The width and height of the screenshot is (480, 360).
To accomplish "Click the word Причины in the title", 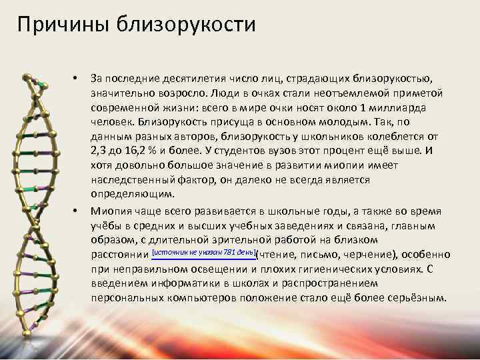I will [x=54, y=25].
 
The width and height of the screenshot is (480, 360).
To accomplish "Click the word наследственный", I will [x=135, y=180].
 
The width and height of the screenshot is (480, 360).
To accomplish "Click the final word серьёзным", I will [x=416, y=297].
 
